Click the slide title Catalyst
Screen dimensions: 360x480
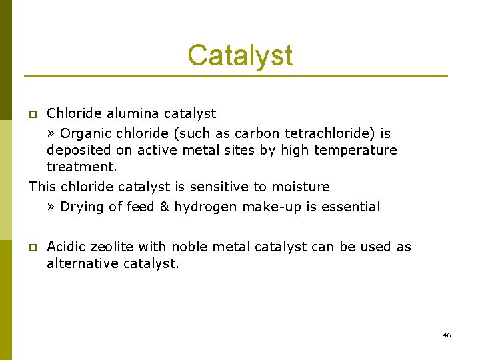coord(240,55)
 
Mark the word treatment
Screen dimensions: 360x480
coord(81,167)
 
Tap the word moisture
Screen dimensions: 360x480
coord(299,187)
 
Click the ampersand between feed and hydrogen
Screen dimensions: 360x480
coord(164,207)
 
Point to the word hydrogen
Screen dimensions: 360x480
coord(205,207)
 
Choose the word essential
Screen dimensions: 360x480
coord(351,207)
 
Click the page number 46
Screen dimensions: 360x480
coord(447,335)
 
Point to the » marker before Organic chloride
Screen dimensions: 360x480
coord(51,134)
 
